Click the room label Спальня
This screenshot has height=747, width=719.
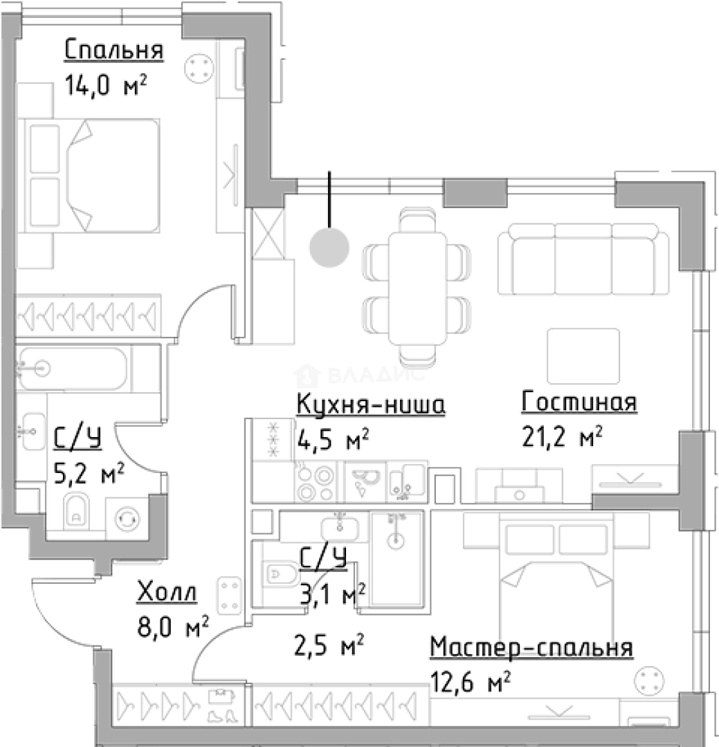(113, 50)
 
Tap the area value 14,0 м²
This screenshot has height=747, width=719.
(105, 86)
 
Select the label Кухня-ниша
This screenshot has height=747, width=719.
(370, 405)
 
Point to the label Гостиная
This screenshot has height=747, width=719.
(579, 402)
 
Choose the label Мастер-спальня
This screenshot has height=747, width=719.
(531, 648)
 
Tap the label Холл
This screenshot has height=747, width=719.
(167, 593)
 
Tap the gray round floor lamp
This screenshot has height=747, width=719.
(329, 246)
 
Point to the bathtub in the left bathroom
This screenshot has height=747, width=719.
(72, 369)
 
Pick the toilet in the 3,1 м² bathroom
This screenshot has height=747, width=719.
(280, 573)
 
